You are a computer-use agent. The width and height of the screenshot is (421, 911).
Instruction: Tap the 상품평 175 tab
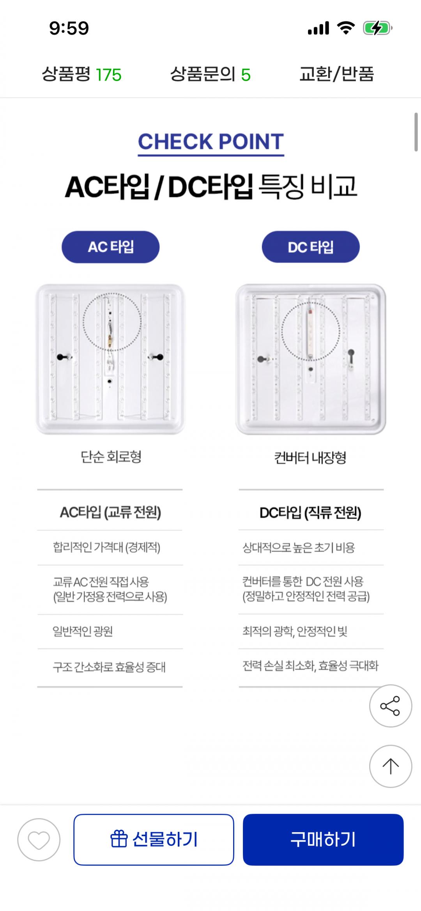[x=81, y=74]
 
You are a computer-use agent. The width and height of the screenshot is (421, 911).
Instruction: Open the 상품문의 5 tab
[x=210, y=74]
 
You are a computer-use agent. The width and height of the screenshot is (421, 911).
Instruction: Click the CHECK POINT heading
[x=210, y=142]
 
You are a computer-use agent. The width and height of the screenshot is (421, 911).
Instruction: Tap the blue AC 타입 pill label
[x=111, y=247]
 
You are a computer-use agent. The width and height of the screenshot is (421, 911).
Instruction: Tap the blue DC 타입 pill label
[x=311, y=247]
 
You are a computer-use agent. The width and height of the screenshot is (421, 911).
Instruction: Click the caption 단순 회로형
[x=111, y=456]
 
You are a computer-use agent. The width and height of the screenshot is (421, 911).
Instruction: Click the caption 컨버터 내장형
[x=310, y=457]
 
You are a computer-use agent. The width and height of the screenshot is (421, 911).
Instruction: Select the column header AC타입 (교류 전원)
[x=110, y=512]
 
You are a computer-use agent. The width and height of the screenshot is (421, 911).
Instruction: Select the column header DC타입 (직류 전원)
[x=310, y=513]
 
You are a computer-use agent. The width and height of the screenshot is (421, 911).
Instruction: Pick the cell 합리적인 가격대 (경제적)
[x=106, y=547]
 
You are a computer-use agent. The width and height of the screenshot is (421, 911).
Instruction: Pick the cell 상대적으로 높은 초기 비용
[x=299, y=548]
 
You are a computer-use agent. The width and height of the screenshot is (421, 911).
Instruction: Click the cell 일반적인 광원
[x=83, y=631]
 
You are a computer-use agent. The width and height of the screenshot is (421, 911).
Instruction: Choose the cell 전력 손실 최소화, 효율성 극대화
[x=310, y=665]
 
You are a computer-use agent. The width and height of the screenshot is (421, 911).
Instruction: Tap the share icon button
[x=391, y=706]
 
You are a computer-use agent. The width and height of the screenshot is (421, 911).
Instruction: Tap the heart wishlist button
[x=39, y=839]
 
